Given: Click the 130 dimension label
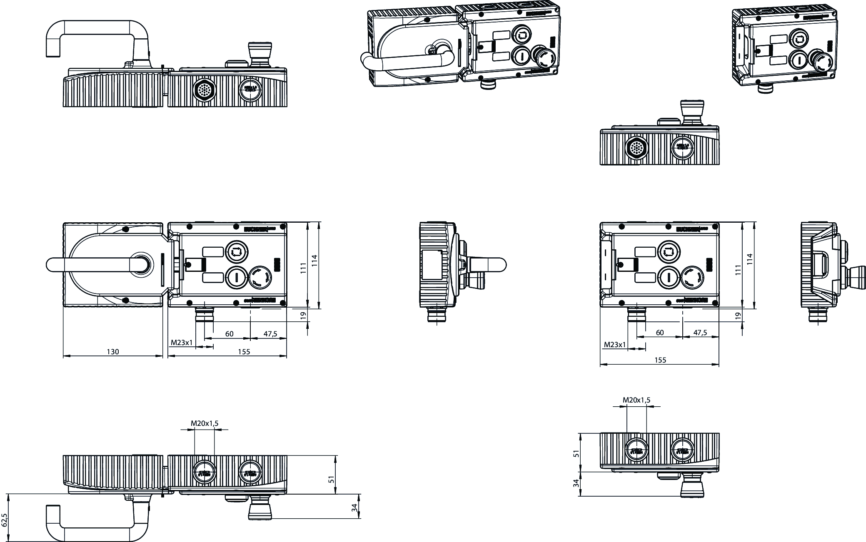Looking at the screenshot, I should coord(113,352).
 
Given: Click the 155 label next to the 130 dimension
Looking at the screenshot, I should coord(244,352).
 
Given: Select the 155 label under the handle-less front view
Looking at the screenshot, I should coord(660,360).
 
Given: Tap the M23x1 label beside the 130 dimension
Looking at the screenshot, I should coord(182,343).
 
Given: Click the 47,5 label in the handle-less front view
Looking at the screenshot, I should coord(700,333).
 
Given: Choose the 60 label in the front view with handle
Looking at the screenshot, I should coord(229,334).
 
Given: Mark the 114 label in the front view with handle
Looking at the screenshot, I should coord(315,261).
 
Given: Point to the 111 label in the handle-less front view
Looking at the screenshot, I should coord(738,270).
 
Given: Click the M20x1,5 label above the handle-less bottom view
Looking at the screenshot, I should coord(636,400).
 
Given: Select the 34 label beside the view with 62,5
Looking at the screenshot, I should coord(354,508).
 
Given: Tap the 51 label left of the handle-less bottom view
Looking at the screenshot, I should coord(577,453).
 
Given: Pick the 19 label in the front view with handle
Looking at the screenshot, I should coord(304,316).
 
